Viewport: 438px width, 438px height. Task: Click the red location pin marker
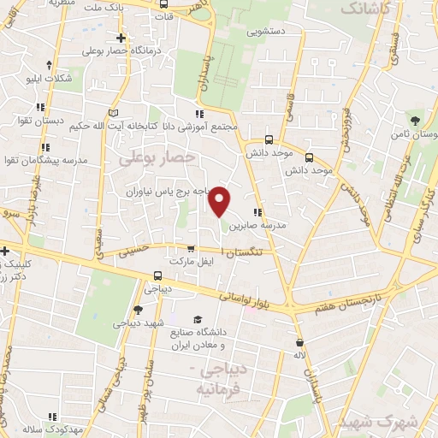(221, 202)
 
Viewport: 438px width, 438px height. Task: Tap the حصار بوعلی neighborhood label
(157, 158)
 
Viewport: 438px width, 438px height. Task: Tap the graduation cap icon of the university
(198, 317)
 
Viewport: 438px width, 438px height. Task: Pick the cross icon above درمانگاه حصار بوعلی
(121, 38)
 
